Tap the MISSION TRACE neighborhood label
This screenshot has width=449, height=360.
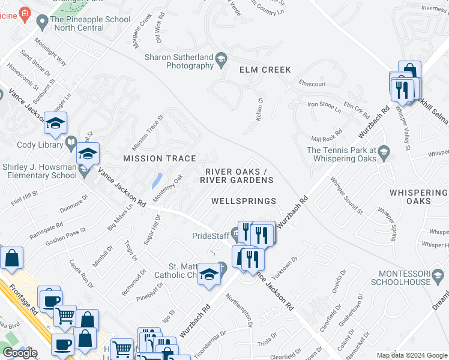(160, 158)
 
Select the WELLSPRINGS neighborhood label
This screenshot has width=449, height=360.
(244, 201)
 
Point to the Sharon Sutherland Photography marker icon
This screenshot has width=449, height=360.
(221, 58)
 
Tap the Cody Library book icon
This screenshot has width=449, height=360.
(71, 144)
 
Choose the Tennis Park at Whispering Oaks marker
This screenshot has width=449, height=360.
(383, 155)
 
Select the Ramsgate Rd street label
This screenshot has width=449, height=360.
(46, 233)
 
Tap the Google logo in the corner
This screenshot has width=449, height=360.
(20, 353)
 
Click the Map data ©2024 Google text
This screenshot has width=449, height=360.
(411, 355)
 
